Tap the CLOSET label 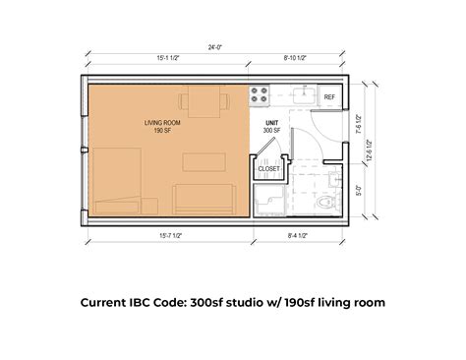point(268,169)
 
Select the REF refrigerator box point(329,97)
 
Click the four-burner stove point(261,96)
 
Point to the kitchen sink point(303,95)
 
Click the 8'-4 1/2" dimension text point(296,235)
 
